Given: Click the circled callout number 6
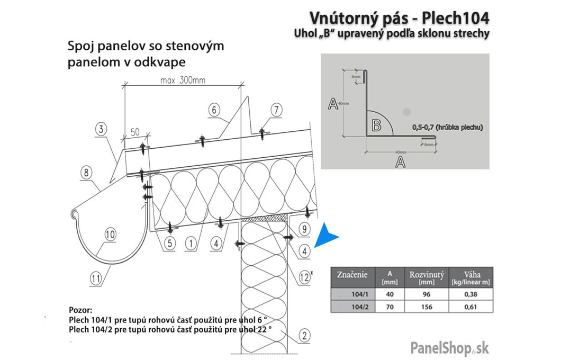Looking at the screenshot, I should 213,110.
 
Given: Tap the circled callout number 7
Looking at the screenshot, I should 276,110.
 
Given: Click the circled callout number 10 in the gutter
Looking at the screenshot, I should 110,234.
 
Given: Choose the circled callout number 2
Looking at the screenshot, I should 303,335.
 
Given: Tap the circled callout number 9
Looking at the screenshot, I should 304,229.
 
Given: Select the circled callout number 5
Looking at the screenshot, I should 169,244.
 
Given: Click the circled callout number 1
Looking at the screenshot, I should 192,244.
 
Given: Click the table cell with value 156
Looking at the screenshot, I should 427,307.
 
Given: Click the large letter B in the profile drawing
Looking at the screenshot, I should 376,125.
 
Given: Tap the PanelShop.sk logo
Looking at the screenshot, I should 450,348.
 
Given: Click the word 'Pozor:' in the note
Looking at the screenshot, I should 81,309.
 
